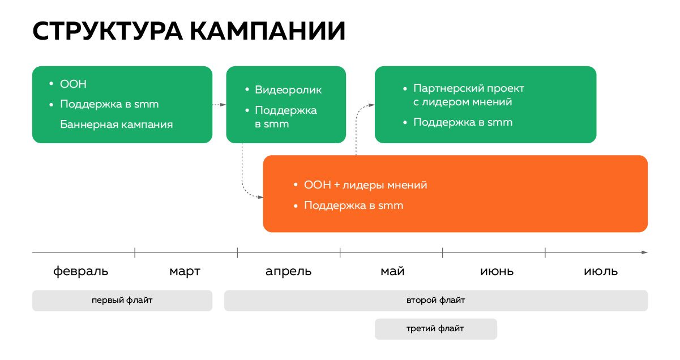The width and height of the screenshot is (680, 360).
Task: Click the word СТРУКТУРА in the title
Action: pyautogui.click(x=108, y=31)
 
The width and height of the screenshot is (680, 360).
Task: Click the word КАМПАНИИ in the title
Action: pyautogui.click(x=268, y=31)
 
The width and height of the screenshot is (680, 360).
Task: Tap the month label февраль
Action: pyautogui.click(x=81, y=271)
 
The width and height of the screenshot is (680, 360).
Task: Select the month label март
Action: pyautogui.click(x=185, y=272)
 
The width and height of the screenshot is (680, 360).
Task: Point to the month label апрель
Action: pyautogui.click(x=288, y=272)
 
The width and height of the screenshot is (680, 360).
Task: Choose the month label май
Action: pyautogui.click(x=392, y=271)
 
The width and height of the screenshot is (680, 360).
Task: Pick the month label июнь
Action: pyautogui.click(x=497, y=271)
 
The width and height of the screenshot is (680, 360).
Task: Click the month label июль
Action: pyautogui.click(x=601, y=271)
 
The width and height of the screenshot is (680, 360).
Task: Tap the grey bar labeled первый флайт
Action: pyautogui.click(x=122, y=301)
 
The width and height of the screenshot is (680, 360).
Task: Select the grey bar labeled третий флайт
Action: pyautogui.click(x=435, y=329)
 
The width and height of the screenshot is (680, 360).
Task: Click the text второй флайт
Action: pyautogui.click(x=435, y=300)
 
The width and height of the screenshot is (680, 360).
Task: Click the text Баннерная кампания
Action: pyautogui.click(x=116, y=125)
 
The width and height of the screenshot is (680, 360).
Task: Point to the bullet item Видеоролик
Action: pyautogui.click(x=288, y=90)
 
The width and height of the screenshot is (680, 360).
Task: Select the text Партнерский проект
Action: pyautogui.click(x=469, y=88)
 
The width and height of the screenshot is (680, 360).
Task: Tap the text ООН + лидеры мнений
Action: pyautogui.click(x=366, y=185)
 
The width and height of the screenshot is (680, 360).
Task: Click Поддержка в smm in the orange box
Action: pyautogui.click(x=354, y=205)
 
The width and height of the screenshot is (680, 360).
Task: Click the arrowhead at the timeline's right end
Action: pyautogui.click(x=644, y=252)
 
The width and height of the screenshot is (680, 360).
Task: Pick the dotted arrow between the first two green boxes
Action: pyautogui.click(x=219, y=105)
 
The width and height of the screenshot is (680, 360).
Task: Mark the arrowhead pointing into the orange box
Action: pyautogui.click(x=260, y=198)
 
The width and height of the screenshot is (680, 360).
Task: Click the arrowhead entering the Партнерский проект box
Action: pyautogui.click(x=371, y=105)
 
